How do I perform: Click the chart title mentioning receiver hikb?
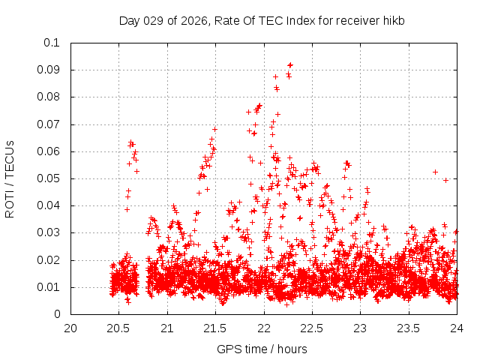pos(262,21)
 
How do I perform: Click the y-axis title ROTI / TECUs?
pos(10,178)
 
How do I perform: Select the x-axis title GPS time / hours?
pos(262,349)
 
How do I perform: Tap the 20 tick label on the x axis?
pos(70,328)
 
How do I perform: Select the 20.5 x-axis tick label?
pos(118,328)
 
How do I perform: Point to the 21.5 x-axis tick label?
pos(215,328)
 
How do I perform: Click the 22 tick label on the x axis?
pos(264,328)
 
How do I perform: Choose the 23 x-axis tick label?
pos(361,328)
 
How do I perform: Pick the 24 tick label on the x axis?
pos(457,328)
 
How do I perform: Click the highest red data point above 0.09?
pos(290,65)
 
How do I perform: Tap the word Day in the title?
pos(130,21)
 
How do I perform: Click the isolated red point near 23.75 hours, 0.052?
pos(435,172)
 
